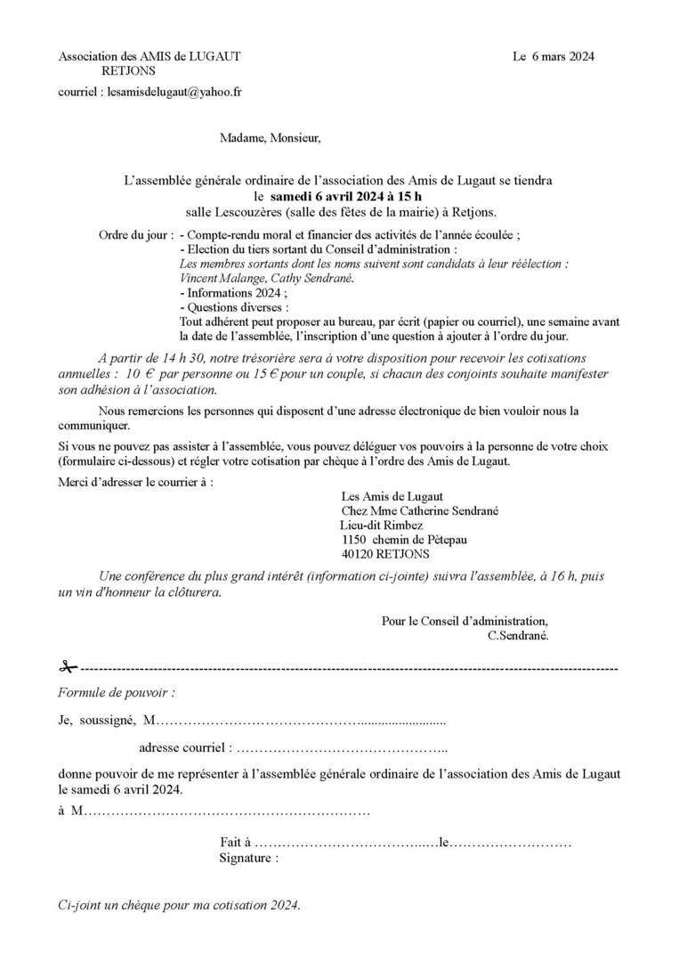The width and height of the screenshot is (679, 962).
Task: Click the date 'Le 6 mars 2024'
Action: [554, 56]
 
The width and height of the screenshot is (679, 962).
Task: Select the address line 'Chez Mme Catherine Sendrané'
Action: [419, 511]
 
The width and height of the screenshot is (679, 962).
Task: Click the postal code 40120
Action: [360, 554]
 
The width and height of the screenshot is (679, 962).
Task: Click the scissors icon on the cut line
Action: [69, 666]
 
